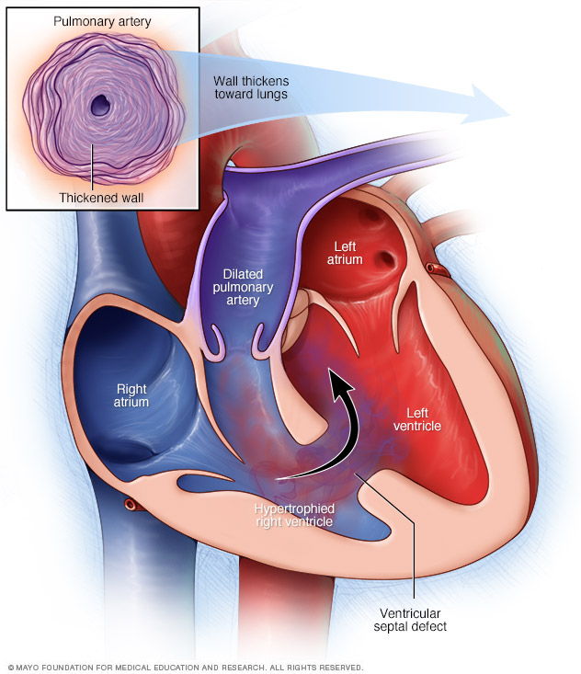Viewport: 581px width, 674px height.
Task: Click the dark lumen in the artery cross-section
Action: [x=98, y=107]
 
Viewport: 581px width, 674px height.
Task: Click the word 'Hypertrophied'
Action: [x=294, y=508]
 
